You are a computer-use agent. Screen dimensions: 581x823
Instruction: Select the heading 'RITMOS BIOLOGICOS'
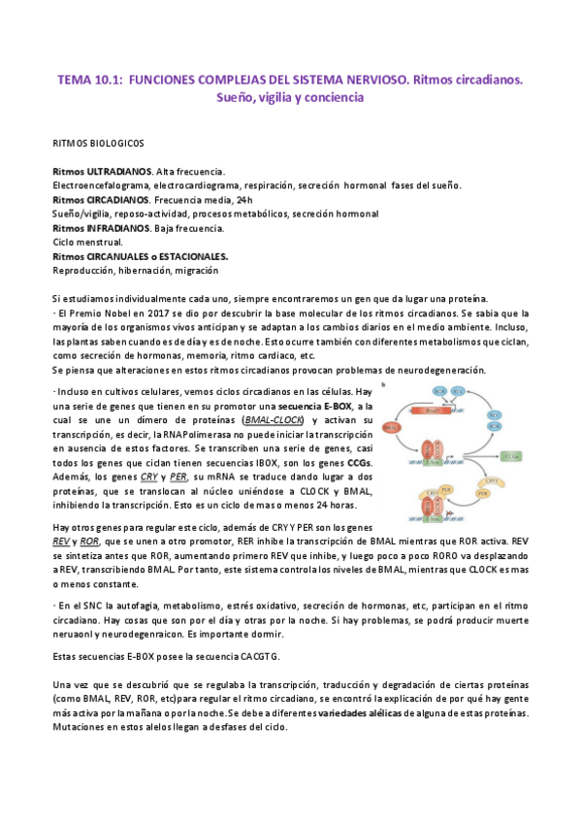coord(98,143)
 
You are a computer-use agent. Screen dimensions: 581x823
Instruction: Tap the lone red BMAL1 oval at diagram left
coord(395,427)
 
